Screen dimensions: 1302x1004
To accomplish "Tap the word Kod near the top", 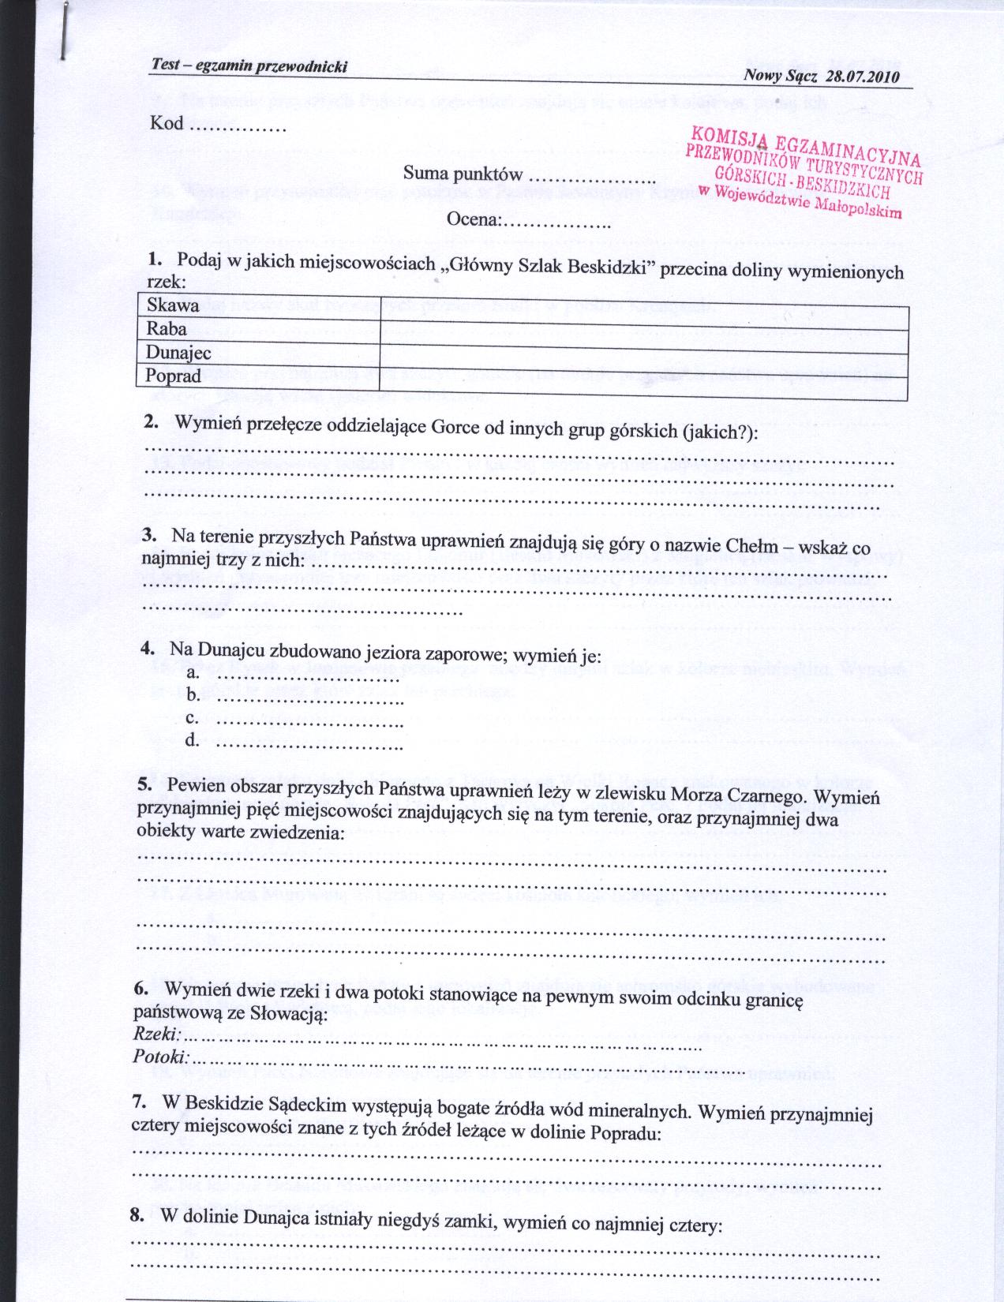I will pyautogui.click(x=166, y=123).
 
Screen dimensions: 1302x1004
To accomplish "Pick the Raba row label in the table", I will pyautogui.click(x=167, y=329).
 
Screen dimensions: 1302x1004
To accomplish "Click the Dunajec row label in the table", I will pyautogui.click(x=179, y=353).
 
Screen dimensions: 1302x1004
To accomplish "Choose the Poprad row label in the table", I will pyautogui.click(x=174, y=376).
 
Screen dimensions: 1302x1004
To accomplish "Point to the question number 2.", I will pyautogui.click(x=152, y=422).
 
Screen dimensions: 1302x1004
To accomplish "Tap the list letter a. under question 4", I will pyautogui.click(x=193, y=673).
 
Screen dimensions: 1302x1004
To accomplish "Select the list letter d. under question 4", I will pyautogui.click(x=193, y=741).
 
